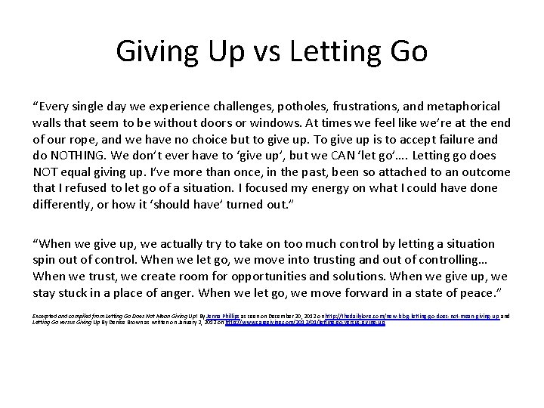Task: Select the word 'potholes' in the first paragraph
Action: [295, 107]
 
